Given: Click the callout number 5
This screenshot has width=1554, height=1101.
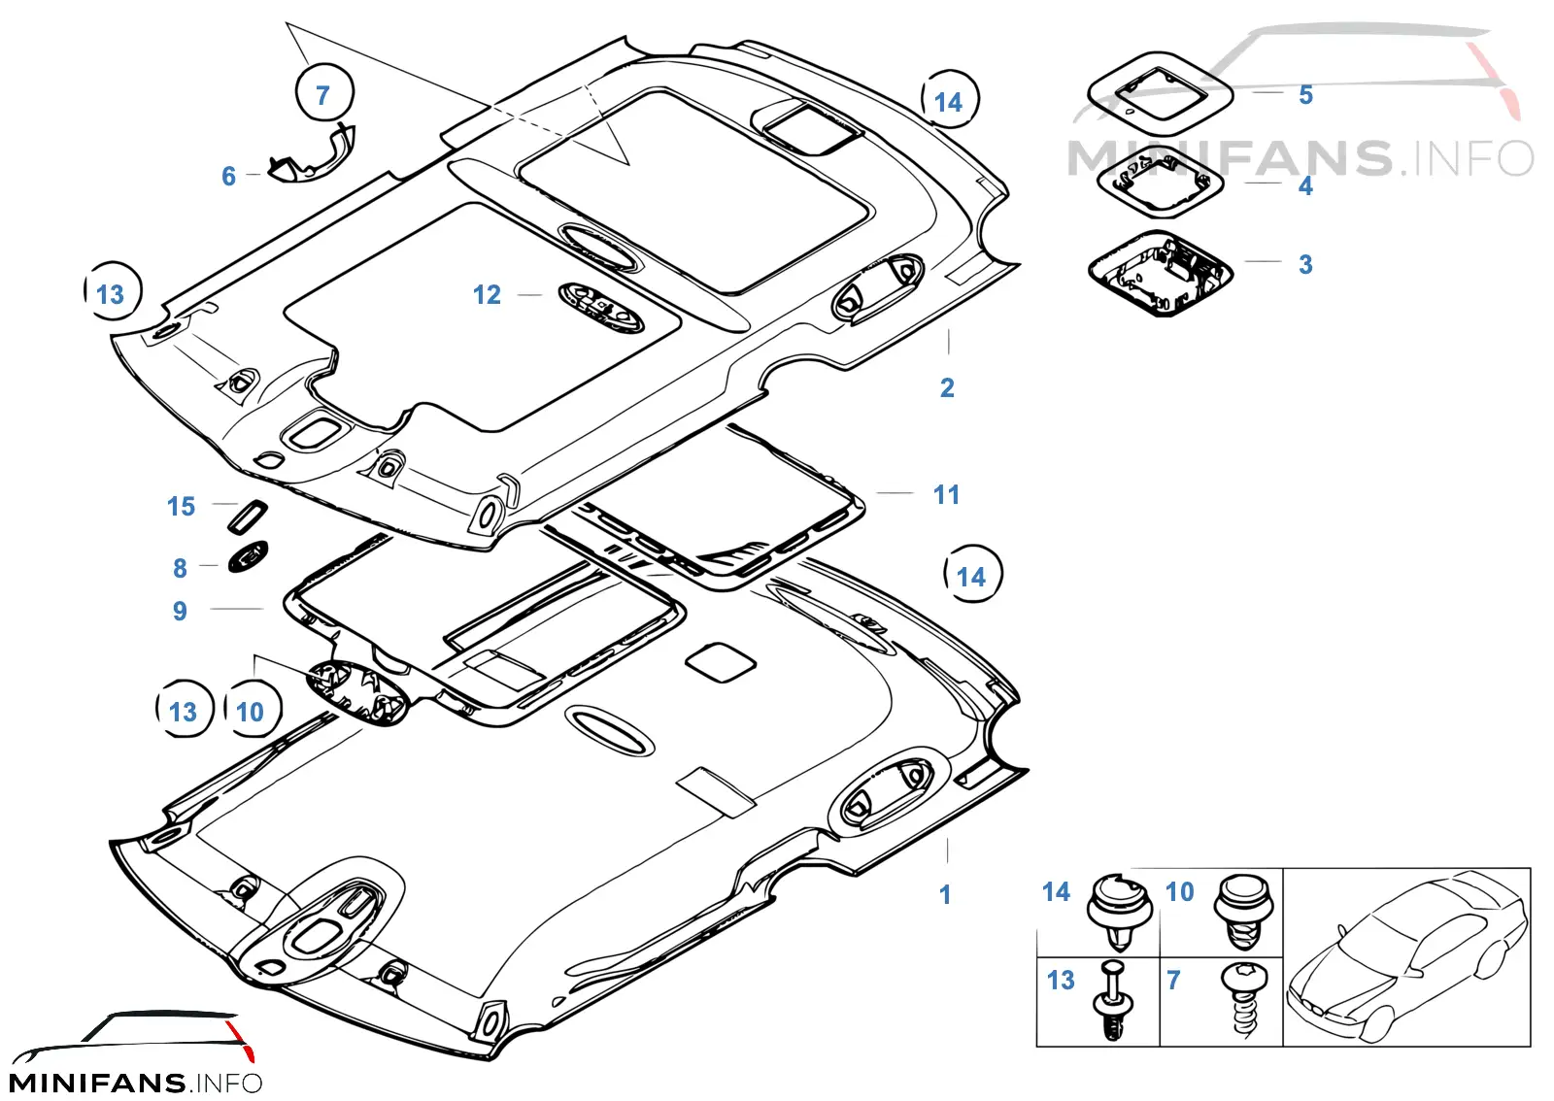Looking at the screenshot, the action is pos(1305,95).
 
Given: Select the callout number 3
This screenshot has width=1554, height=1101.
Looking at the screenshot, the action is pos(1305,264).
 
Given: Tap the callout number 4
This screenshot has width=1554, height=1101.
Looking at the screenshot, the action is pos(1305,185).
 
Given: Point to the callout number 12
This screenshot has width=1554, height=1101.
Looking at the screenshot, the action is pos(487,294).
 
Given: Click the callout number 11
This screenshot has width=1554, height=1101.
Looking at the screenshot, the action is pos(946,495).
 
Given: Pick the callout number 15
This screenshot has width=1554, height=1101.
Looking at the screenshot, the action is pos(181,506).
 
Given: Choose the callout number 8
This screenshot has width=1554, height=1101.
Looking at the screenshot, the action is pos(180,568).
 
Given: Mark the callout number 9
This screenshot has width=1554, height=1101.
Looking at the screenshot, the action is pos(180,611).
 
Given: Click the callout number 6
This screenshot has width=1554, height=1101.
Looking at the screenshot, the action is pos(229,176).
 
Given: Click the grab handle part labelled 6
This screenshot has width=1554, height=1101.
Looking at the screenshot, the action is pos(312,156).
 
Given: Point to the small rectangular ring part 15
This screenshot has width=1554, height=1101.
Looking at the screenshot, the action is pos(248,517).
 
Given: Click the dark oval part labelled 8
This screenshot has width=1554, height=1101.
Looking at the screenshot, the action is pos(248,556).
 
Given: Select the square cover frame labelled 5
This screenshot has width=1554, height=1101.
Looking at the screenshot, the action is pos(1160,93).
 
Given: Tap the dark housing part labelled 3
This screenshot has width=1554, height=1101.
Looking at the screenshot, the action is pos(1161,274).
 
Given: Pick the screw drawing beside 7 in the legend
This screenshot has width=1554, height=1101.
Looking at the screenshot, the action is pos(1243,1000).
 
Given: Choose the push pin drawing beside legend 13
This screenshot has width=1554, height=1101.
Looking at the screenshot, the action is pos(1113,1000).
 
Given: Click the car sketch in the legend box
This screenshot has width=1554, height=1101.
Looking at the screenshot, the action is pos(1407,956).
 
